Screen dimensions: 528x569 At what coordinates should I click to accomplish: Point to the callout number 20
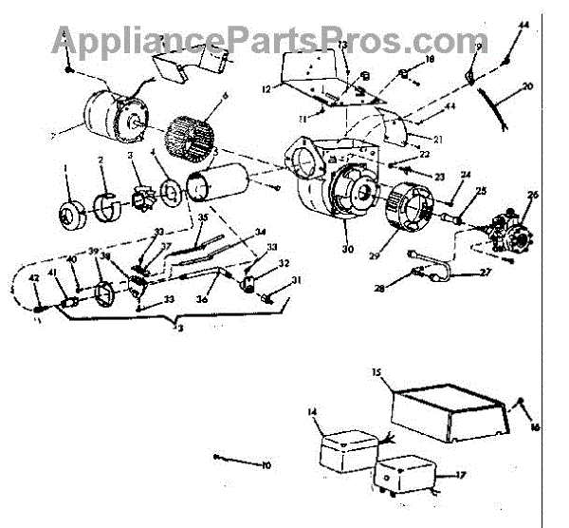point(527,86)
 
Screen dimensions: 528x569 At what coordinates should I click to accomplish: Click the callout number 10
point(266,465)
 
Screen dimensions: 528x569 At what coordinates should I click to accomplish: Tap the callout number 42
point(34,277)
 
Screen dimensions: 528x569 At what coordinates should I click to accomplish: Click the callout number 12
point(266,88)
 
